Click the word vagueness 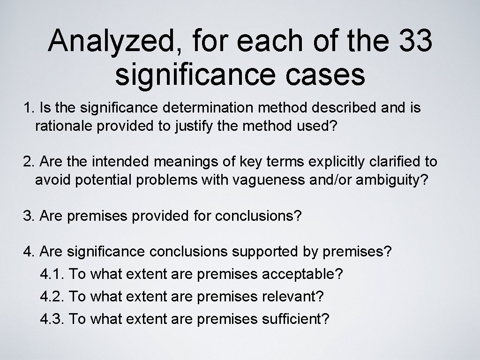[292, 180]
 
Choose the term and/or [345, 180]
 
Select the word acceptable [299, 274]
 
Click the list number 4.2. [52, 296]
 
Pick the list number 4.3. [52, 319]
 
